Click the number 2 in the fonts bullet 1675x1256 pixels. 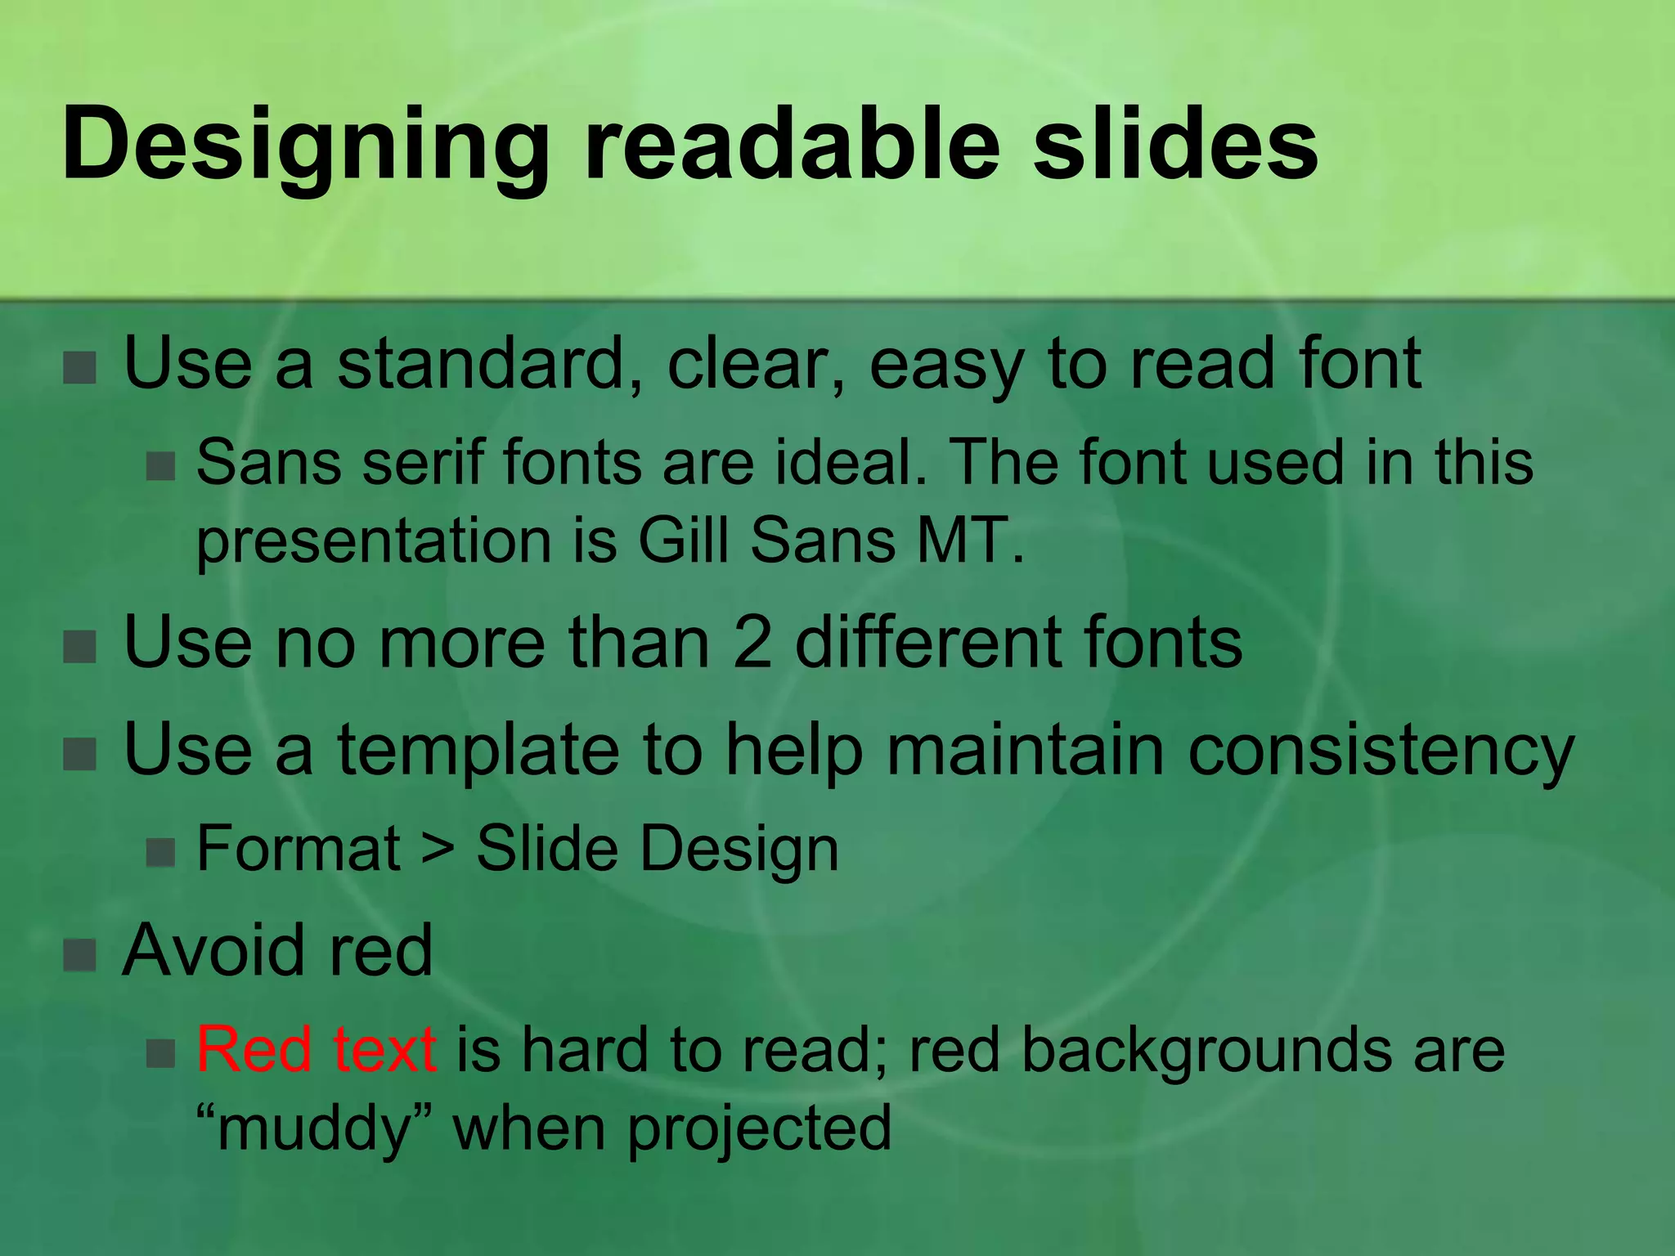click(752, 643)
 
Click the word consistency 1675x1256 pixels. click(1381, 751)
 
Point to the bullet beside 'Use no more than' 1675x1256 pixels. click(80, 647)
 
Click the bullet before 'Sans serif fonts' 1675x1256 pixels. click(160, 467)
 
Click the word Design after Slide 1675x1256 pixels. click(739, 849)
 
